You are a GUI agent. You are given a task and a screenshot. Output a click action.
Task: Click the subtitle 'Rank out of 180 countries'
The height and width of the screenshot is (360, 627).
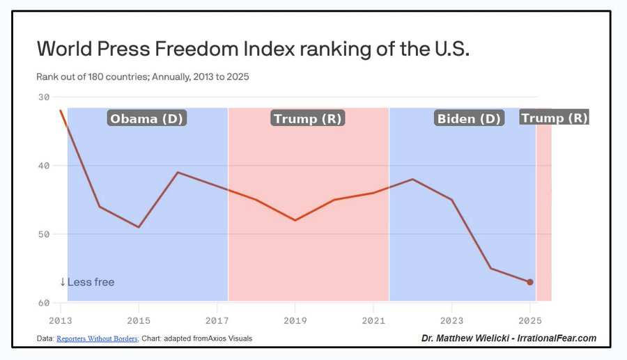[x=143, y=77]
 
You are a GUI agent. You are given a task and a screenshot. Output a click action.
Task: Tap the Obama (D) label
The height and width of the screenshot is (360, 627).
[x=147, y=118]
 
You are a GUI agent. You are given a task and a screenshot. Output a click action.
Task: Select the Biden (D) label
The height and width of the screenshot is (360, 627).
[x=469, y=118]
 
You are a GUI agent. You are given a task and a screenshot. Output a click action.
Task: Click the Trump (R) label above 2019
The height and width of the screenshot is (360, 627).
[x=308, y=118]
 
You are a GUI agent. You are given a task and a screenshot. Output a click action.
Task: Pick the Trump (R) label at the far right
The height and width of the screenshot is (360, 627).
[x=554, y=118]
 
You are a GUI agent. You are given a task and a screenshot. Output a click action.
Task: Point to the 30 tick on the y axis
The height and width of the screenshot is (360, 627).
[x=43, y=97]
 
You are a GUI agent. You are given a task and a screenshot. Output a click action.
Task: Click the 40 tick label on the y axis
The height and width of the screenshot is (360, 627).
[x=43, y=166]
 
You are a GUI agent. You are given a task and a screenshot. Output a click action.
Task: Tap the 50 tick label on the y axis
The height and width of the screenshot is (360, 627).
[x=43, y=234]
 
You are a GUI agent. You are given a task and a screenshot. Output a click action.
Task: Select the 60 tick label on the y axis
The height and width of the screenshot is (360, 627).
[x=43, y=303]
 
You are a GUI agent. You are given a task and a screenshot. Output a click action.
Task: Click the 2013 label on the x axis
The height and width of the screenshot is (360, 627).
[x=61, y=321]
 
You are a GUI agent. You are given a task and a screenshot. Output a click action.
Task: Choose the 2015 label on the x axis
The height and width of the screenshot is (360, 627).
[x=139, y=321]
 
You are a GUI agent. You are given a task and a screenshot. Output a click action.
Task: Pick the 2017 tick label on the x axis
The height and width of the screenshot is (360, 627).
[x=217, y=321]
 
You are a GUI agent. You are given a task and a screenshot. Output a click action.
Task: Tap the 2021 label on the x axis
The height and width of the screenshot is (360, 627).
[x=373, y=321]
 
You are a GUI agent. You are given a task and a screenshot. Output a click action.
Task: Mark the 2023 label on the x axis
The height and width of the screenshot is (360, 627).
[x=451, y=321]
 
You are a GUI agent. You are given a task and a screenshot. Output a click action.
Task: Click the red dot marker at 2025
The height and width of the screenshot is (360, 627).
[x=530, y=282]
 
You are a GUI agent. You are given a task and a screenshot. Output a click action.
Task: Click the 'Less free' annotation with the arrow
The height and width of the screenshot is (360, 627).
[x=87, y=282]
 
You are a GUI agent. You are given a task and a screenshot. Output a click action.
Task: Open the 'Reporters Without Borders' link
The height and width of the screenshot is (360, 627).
[x=97, y=339]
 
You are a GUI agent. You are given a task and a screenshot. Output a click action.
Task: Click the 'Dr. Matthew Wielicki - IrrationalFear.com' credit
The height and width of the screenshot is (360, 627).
[x=509, y=338]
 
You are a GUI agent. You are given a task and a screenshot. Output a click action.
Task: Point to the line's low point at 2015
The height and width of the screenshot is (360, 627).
[x=139, y=227]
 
